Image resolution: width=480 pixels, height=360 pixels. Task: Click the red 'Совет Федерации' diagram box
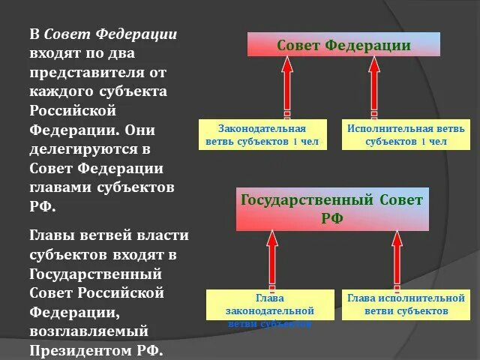point(343,45)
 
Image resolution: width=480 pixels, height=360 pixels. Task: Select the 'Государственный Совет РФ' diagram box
point(332,209)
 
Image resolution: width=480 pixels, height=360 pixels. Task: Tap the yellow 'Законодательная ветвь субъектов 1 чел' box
point(262,134)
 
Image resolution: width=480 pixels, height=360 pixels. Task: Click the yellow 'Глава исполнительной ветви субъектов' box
point(406,304)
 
